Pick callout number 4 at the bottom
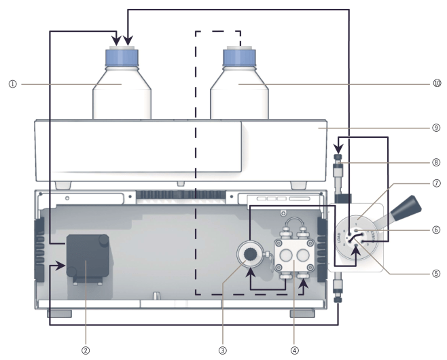tap(293, 351)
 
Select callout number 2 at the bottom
tap(85, 351)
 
